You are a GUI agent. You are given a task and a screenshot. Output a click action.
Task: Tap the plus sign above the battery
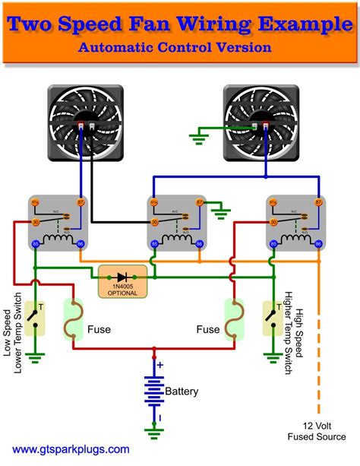click(x=159, y=365)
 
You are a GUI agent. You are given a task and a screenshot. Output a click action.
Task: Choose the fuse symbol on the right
click(x=234, y=319)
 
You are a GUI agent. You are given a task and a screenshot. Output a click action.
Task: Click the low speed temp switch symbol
click(x=34, y=316)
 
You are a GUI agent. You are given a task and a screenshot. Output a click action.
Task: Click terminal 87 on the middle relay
click(x=200, y=202)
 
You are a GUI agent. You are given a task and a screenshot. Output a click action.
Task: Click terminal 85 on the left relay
click(x=35, y=245)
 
